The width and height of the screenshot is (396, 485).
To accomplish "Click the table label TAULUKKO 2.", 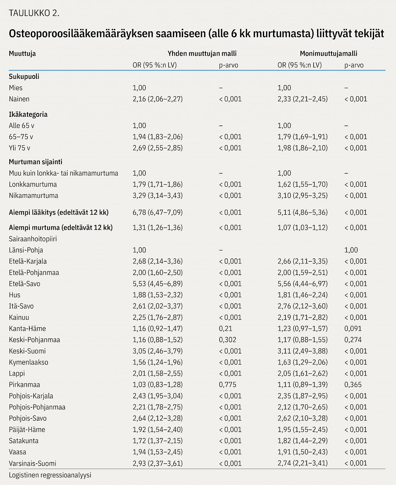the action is [x=34, y=13].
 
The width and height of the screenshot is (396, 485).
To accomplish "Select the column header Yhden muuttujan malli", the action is [x=202, y=54].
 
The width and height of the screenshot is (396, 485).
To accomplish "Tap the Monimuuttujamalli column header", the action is [x=328, y=54].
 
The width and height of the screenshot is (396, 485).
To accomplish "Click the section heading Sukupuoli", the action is [x=24, y=76].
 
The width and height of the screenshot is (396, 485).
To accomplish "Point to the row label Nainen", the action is [x=19, y=99].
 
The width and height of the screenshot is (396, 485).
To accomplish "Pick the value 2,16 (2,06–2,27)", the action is [x=157, y=99].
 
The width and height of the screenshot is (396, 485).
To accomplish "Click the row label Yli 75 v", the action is [x=20, y=148].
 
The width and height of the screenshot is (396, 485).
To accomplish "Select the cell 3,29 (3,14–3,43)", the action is [x=157, y=196].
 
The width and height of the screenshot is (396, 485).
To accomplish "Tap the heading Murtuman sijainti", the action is [x=36, y=162].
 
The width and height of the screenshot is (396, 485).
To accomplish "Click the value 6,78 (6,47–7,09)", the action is [x=157, y=212].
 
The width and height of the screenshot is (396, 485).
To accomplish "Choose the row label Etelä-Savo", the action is [x=25, y=284].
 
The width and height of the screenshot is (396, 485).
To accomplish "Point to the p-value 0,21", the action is [x=225, y=329].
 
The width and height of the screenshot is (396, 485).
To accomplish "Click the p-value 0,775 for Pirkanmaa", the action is [x=227, y=385].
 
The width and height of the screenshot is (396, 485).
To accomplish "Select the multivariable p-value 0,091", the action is [x=353, y=329].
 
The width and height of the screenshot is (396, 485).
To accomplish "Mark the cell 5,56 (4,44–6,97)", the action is [x=302, y=284].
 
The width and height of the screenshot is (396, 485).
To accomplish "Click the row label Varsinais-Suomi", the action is [x=32, y=463].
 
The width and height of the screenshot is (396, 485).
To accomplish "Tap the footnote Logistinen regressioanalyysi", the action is [x=50, y=475].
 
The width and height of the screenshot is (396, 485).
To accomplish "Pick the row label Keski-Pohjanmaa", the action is [x=34, y=340].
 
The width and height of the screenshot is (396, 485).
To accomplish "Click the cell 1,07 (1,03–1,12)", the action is [x=302, y=228].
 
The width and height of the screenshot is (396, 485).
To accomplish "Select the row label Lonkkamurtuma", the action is [x=33, y=184].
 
